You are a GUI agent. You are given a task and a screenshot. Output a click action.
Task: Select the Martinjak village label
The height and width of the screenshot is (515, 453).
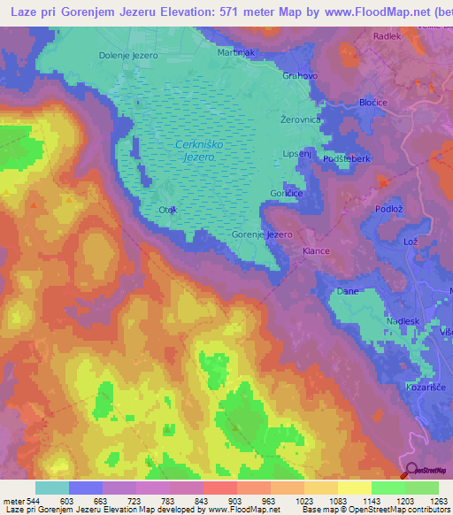[x=236, y=52]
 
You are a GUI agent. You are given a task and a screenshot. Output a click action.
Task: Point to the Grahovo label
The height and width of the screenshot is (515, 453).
[x=300, y=76]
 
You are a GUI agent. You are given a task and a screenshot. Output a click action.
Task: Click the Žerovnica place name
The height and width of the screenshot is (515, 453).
[x=300, y=118]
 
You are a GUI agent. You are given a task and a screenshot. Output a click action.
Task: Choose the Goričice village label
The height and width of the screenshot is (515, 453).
[x=286, y=192]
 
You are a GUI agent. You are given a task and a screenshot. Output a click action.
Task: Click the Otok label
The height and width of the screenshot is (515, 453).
[x=168, y=210]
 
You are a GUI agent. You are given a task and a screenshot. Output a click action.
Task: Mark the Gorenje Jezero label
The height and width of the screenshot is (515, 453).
[x=262, y=234]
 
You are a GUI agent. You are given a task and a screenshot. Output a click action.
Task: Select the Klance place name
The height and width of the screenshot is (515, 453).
[x=316, y=251]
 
